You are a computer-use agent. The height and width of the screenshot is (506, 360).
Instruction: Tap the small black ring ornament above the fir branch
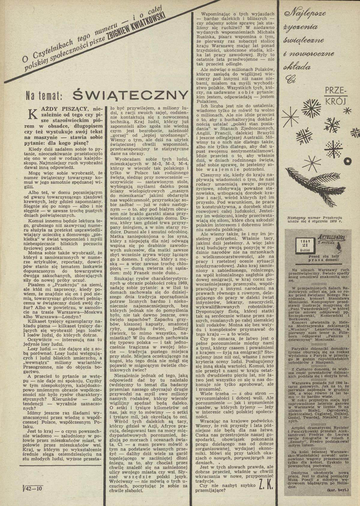(347, 162)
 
